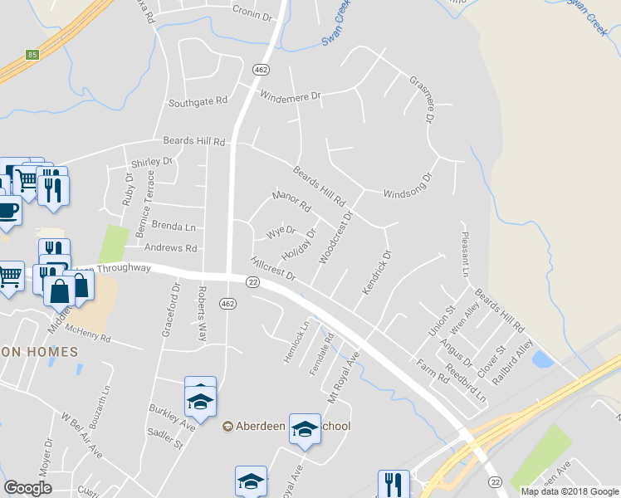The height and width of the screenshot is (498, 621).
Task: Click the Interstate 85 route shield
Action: coord(32,55)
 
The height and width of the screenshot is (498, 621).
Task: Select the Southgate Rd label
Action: coord(198,102)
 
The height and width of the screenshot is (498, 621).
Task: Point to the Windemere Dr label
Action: coord(290,96)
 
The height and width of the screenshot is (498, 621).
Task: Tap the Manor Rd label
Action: coord(291,200)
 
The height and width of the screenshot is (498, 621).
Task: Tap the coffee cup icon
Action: coord(7,211)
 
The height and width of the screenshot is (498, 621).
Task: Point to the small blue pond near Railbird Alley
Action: coord(542,359)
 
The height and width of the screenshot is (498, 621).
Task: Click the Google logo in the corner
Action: coord(28,488)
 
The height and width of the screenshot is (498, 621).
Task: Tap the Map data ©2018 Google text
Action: coord(569,491)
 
